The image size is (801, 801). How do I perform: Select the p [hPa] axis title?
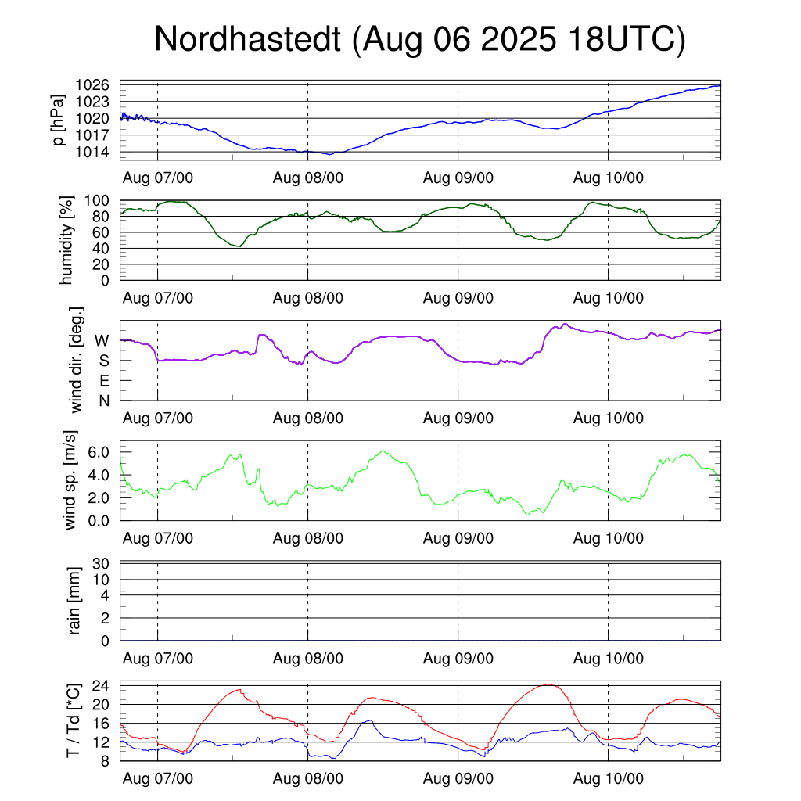point(57,120)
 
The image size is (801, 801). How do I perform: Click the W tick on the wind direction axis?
point(102,340)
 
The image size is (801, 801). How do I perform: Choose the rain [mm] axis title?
point(75,602)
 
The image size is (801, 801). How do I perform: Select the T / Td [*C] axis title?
point(73,720)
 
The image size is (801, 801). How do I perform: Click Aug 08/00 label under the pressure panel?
point(308,178)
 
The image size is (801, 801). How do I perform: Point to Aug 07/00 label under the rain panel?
point(158,659)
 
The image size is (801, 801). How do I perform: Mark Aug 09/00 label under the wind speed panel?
point(458,538)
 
